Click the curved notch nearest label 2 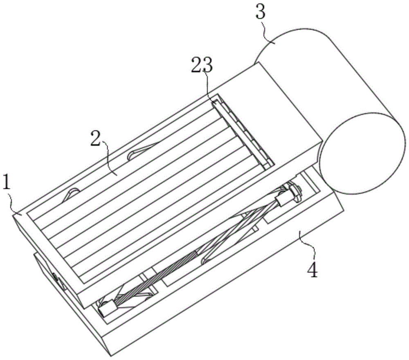point(141,152)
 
